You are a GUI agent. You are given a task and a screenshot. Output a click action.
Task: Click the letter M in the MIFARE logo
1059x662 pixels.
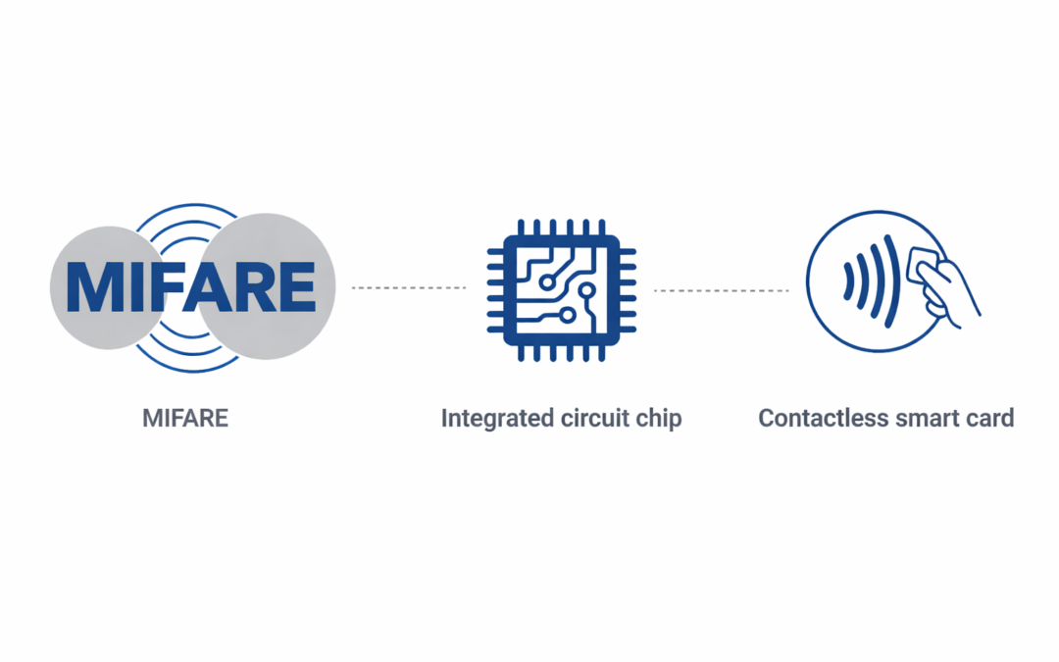(92, 286)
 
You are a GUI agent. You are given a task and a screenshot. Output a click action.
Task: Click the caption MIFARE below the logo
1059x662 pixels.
(185, 418)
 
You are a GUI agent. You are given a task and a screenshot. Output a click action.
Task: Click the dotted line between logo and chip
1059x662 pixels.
(409, 287)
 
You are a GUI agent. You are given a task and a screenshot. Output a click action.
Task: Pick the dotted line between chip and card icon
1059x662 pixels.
(722, 290)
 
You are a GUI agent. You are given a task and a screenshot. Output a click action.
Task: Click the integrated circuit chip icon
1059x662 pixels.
(561, 290)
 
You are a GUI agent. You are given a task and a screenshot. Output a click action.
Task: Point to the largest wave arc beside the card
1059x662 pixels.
(892, 281)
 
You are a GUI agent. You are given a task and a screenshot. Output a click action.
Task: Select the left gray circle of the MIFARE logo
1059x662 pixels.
(108, 287)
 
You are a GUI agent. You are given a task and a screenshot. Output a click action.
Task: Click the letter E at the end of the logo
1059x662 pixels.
(296, 286)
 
